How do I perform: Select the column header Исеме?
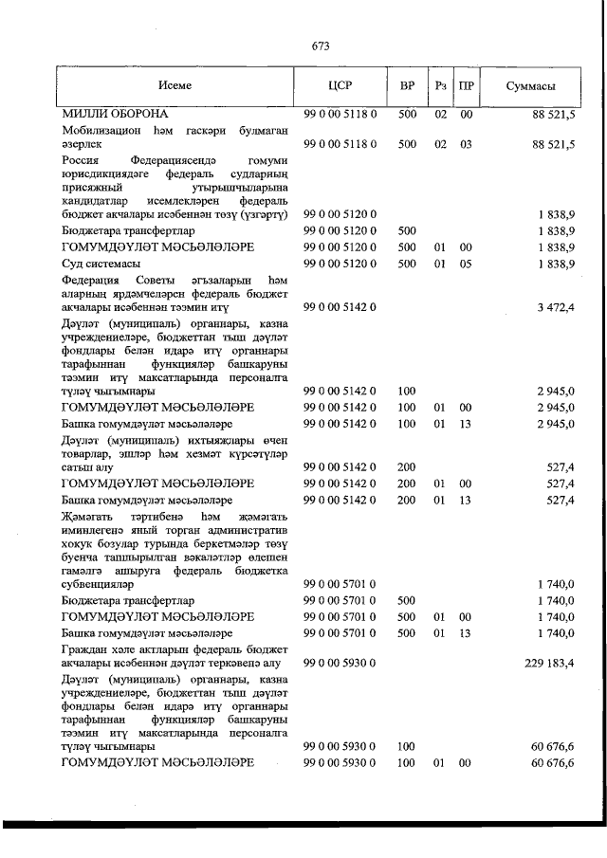click(175, 86)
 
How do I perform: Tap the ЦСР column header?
click(340, 86)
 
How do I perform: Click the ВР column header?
click(408, 86)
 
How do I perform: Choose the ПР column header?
click(467, 86)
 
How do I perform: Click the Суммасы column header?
click(530, 86)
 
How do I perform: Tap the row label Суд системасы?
click(101, 263)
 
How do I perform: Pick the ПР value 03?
click(467, 144)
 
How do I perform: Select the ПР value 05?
click(467, 263)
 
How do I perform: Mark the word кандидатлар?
click(97, 202)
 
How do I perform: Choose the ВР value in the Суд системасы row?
click(408, 263)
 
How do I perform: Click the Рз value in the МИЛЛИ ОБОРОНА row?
click(440, 114)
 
